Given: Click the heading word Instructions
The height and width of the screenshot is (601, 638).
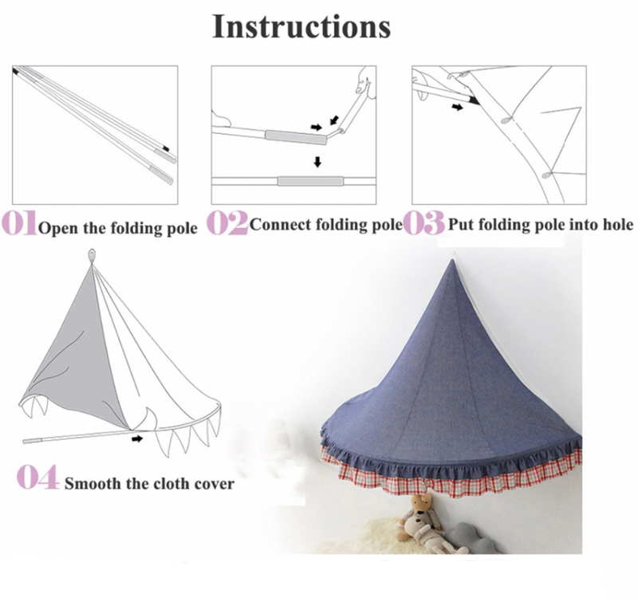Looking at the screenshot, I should click(301, 26).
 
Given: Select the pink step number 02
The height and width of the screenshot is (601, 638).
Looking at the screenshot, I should click(227, 223).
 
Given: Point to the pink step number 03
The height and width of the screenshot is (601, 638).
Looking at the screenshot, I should click(423, 223).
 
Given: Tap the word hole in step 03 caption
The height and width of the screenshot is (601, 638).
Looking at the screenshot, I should click(616, 225).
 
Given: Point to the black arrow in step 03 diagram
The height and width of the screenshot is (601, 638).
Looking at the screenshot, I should click(455, 105).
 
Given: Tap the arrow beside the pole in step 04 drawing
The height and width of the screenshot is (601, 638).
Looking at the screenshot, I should click(140, 438).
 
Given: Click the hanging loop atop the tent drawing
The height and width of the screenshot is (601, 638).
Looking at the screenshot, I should click(92, 256).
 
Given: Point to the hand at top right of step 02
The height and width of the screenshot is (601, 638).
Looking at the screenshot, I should click(366, 81).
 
